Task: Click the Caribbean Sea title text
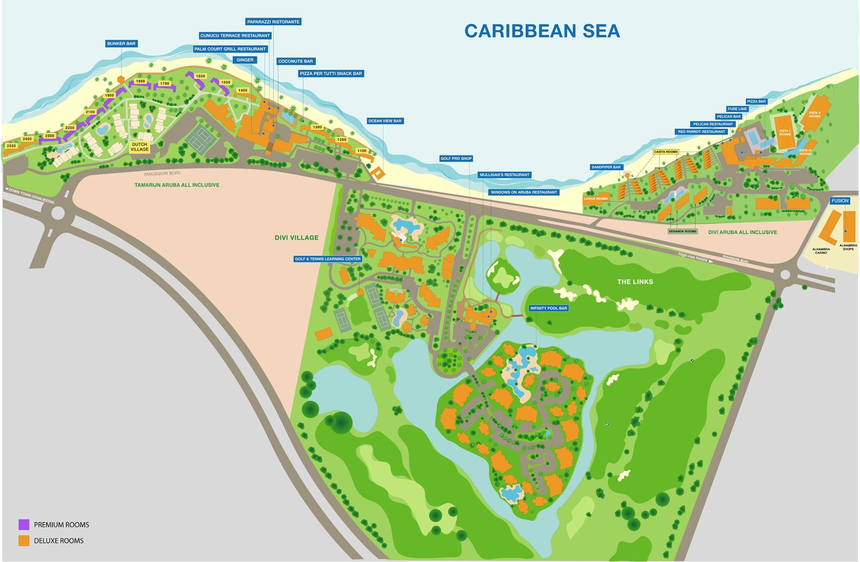pos(542,31)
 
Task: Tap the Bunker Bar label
pos(121,44)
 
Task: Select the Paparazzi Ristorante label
pos(274,22)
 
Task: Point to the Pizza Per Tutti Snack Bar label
pos(331,74)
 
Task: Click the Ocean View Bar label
pos(385,121)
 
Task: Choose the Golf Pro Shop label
pos(456,159)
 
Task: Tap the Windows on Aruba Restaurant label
pos(524,192)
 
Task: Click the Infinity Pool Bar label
pos(548,308)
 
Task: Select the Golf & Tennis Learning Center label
pos(327,259)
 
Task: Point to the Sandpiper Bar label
pos(606,167)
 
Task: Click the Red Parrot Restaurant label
pos(701,132)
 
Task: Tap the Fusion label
pos(840,201)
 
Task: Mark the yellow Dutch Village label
pos(139,147)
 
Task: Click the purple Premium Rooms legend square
pos(24,524)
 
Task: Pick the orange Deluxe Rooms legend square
pos(24,540)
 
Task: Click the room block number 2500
pos(11,146)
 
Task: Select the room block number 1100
pos(362,151)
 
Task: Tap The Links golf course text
pos(635,282)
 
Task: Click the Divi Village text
pos(297,238)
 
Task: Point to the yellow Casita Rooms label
pos(665,152)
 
